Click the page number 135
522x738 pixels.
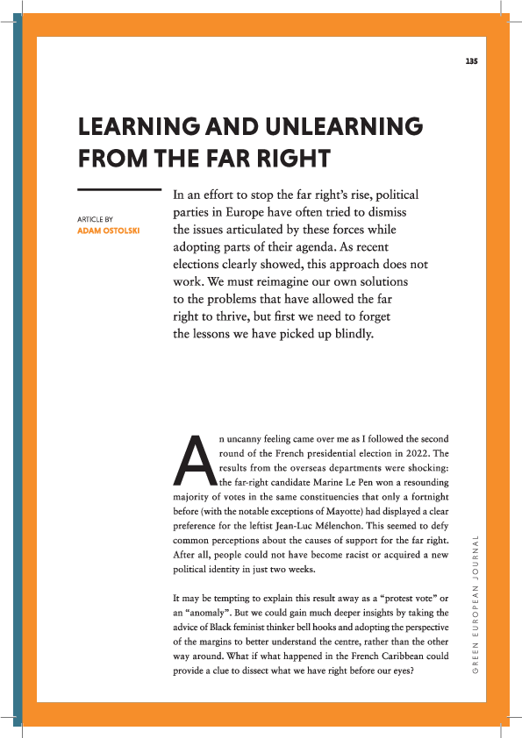tap(470, 60)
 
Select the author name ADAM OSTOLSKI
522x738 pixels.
tap(109, 231)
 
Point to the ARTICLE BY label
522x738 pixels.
tap(96, 219)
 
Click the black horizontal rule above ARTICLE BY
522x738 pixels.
tap(119, 189)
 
